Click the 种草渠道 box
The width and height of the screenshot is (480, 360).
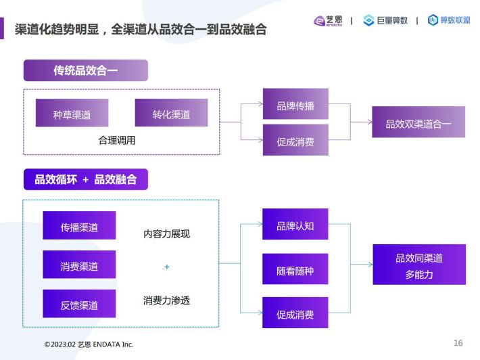72,113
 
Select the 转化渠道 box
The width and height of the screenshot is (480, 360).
171,113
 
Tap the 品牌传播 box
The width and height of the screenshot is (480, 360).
295,104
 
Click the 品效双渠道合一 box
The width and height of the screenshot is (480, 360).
418,122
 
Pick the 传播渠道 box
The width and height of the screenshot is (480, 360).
79,225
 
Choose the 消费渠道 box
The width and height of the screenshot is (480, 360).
79,265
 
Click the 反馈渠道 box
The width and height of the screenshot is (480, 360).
79,304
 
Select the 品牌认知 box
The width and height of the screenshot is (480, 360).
295,224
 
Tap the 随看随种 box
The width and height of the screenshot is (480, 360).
295,269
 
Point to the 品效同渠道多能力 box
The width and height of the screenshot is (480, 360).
419,265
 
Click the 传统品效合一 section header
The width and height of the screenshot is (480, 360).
86,70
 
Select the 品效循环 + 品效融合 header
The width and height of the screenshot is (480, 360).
86,179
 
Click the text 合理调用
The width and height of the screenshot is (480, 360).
117,140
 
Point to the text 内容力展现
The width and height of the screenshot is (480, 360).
166,233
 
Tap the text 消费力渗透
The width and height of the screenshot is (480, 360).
166,300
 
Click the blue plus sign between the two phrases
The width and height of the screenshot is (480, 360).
167,267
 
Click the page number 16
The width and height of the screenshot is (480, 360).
458,343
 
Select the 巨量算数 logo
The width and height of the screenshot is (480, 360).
385,20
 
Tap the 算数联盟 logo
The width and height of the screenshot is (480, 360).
449,20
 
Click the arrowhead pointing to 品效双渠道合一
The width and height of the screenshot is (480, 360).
370,122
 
